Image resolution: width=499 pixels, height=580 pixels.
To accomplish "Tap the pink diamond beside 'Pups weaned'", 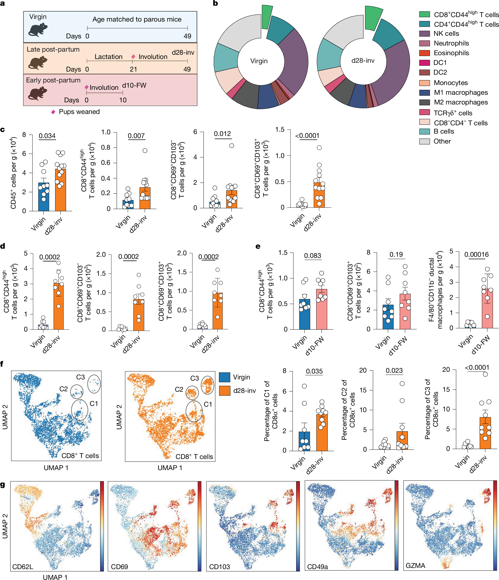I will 53,112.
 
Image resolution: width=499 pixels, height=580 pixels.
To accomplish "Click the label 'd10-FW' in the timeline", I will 134,85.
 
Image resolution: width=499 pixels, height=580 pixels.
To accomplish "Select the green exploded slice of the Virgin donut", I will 267,17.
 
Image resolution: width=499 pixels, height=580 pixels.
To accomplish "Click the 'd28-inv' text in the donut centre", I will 363,60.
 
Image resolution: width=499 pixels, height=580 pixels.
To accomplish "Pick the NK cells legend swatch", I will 424,34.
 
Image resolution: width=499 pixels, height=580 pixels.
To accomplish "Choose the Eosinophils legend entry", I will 451,53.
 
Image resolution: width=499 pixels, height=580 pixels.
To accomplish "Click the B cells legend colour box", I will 424,132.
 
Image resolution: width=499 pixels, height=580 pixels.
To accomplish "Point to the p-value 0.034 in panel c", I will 47,136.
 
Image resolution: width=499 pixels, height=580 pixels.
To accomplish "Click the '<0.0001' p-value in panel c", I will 307,136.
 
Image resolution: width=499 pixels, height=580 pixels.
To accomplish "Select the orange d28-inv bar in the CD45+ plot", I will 60,190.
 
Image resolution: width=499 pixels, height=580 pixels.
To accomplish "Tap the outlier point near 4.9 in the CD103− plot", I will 232,146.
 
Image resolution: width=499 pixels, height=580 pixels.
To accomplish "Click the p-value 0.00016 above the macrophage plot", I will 476,254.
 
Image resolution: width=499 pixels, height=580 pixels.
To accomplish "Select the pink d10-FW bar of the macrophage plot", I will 487,308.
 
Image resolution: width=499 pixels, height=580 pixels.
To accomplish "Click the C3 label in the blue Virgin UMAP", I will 80,377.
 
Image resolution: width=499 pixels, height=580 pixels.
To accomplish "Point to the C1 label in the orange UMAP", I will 208,404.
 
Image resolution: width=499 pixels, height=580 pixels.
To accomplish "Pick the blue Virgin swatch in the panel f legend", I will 224,377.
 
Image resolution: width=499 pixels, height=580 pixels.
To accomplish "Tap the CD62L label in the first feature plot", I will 23,567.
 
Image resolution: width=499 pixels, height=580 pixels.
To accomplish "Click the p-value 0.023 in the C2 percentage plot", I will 394,371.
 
